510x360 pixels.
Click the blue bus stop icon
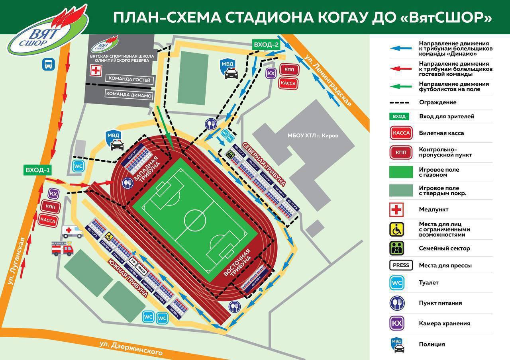pyautogui.click(x=49, y=64)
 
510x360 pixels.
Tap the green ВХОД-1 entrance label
pyautogui.click(x=38, y=170)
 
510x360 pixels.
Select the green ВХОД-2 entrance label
pyautogui.click(x=266, y=45)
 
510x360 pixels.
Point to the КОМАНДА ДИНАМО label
pyautogui.click(x=128, y=95)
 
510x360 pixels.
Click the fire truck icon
pyautogui.click(x=63, y=248)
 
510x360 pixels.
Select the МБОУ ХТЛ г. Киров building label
pyautogui.click(x=313, y=135)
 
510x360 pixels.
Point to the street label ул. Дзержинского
pyautogui.click(x=131, y=348)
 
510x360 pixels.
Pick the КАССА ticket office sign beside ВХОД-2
pyautogui.click(x=288, y=83)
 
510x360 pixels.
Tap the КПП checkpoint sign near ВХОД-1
pyautogui.click(x=50, y=207)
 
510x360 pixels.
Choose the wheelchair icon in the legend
pyautogui.click(x=396, y=229)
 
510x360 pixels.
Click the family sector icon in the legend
pyautogui.click(x=396, y=248)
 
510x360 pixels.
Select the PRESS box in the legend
pyautogui.click(x=401, y=265)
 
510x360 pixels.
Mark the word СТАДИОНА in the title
pyautogui.click(x=257, y=18)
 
